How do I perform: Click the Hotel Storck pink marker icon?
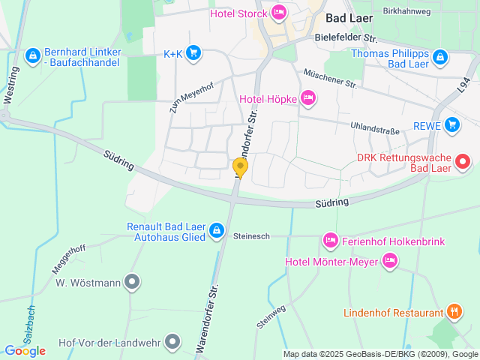tap(278, 12)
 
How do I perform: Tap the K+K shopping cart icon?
tap(194, 52)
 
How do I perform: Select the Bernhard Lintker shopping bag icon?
tap(32, 55)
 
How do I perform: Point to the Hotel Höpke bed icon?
tap(307, 97)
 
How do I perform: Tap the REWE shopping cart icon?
tap(451, 124)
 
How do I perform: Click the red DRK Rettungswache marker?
tap(463, 160)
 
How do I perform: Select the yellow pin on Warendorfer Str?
tap(240, 166)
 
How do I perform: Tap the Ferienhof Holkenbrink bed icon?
tap(330, 241)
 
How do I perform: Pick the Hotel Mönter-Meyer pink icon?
tap(389, 261)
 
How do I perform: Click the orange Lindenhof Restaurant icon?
tap(454, 312)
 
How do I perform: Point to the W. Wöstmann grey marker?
tap(132, 283)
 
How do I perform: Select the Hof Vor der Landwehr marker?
tap(173, 343)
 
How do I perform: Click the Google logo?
tap(24, 350)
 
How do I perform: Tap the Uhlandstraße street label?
tap(374, 130)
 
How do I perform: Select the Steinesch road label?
tap(251, 235)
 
